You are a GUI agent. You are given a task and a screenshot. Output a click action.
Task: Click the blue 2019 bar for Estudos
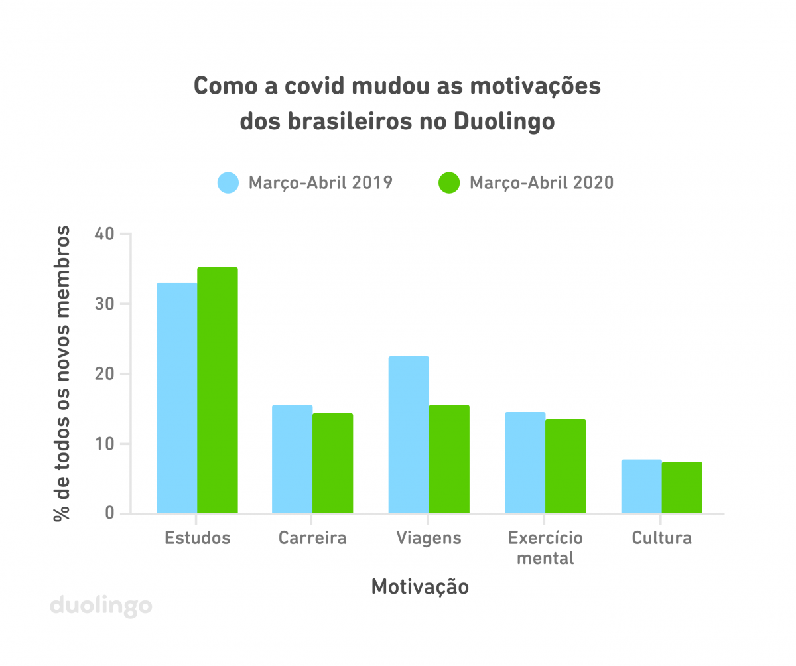(177, 398)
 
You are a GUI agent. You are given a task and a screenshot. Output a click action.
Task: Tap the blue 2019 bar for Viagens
(409, 434)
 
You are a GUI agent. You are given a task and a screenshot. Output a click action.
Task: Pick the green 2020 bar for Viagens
(449, 459)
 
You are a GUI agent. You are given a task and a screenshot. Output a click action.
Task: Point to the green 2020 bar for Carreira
(333, 463)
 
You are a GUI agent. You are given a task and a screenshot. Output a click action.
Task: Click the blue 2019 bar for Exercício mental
(525, 462)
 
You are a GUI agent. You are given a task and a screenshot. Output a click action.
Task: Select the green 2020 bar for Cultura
(682, 488)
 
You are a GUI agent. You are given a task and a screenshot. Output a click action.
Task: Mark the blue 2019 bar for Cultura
(641, 486)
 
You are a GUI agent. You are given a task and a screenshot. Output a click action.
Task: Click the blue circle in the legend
(228, 182)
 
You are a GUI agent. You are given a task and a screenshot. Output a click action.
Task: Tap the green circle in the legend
(449, 182)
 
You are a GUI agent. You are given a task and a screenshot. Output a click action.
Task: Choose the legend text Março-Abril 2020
(541, 182)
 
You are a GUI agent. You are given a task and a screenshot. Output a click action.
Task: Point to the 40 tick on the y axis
(107, 234)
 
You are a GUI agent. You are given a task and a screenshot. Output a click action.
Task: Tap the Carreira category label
(312, 537)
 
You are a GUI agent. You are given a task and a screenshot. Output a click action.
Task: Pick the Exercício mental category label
(545, 547)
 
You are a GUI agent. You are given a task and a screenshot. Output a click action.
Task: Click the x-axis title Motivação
(420, 587)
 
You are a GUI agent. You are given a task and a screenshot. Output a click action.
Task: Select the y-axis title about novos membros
(63, 373)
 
